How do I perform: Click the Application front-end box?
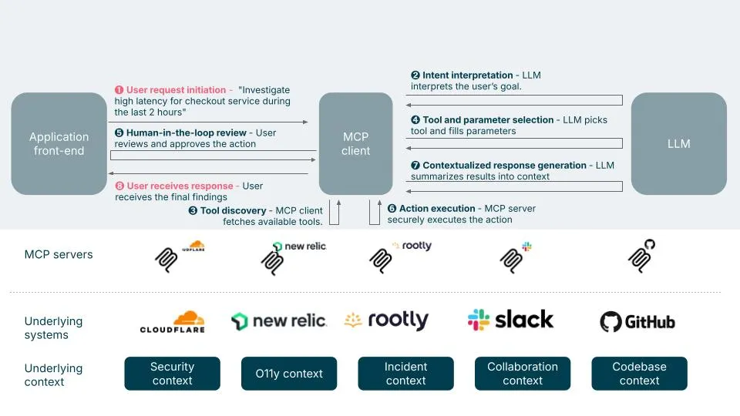click(x=59, y=143)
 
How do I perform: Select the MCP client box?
click(x=356, y=143)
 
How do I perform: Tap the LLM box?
click(x=678, y=143)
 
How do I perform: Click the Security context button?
click(x=172, y=374)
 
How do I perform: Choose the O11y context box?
click(x=289, y=374)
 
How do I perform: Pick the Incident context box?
click(x=406, y=374)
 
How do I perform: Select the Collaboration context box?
click(x=523, y=374)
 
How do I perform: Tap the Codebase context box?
click(x=640, y=374)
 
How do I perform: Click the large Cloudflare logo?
click(x=173, y=322)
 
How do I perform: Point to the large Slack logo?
click(x=510, y=320)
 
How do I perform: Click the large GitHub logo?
click(x=637, y=322)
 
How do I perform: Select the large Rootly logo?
click(x=386, y=320)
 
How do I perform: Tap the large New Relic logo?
click(x=278, y=321)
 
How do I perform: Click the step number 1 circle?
click(x=119, y=89)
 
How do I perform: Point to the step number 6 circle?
click(x=392, y=209)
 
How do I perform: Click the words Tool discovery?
click(x=233, y=210)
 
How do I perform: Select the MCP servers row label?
click(x=59, y=254)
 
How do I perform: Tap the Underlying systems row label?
click(x=53, y=328)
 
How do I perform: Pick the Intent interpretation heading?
click(x=468, y=75)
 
